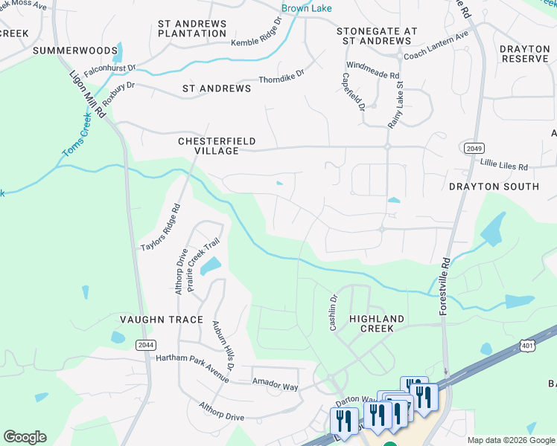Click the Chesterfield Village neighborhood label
[207, 146]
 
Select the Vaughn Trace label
[162, 320]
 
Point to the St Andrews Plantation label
[192, 29]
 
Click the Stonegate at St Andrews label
[376, 36]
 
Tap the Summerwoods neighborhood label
[75, 51]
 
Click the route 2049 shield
[471, 149]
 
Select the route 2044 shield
[146, 344]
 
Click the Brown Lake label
[306, 9]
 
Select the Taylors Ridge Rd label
[161, 227]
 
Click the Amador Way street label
[275, 387]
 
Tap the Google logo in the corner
[25, 437]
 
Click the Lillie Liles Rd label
[503, 167]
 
